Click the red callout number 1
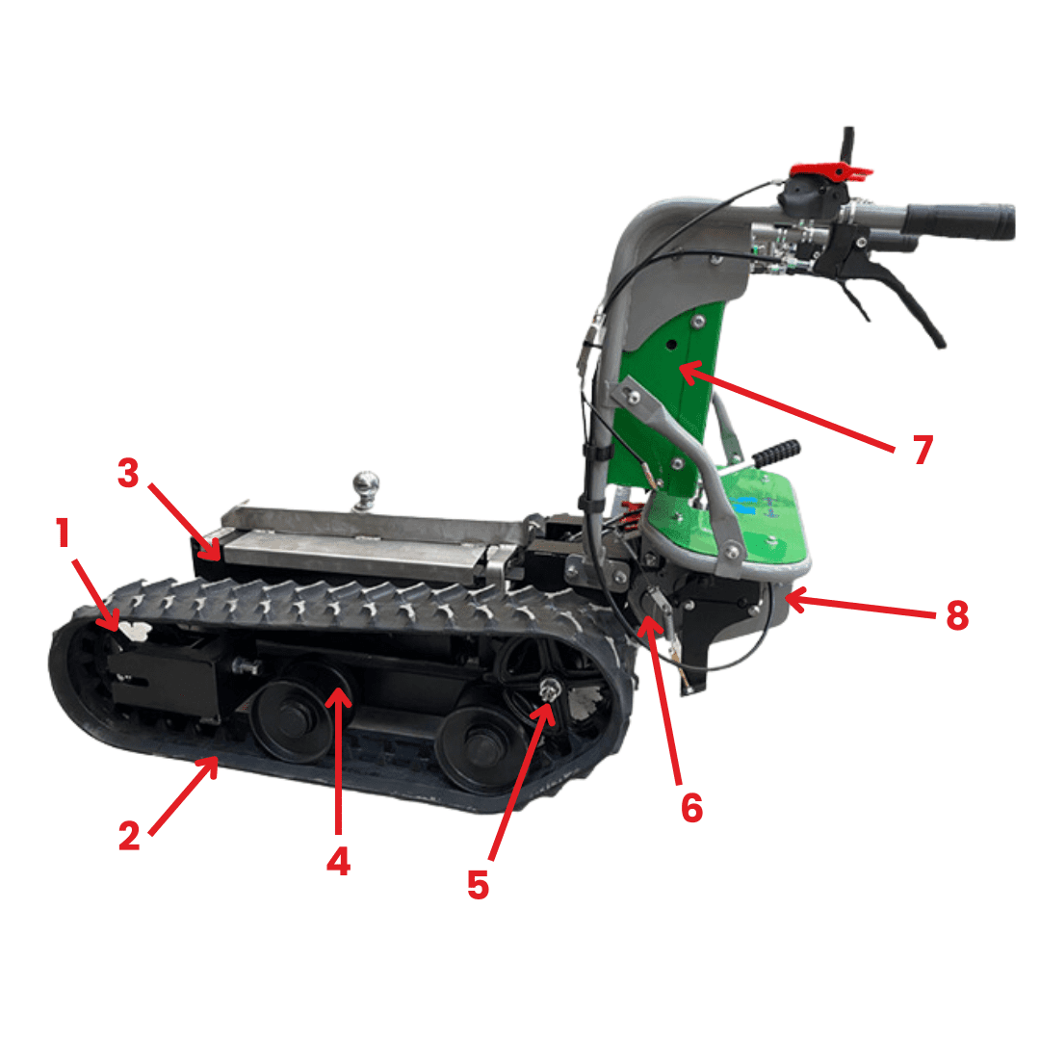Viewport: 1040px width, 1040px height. (63, 533)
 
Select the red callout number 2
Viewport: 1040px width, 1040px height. (129, 835)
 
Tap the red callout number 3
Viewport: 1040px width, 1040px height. (128, 473)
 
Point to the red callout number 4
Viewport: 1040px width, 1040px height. (338, 862)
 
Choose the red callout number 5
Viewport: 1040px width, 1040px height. (479, 885)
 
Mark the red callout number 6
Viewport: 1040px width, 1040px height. (691, 808)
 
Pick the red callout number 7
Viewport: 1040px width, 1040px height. (923, 450)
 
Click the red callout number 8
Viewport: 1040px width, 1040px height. (957, 614)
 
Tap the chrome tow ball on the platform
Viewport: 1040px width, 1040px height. (366, 489)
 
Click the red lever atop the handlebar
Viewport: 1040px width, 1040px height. (832, 171)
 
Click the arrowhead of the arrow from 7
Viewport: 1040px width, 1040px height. (688, 370)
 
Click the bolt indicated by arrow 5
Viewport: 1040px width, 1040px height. (549, 690)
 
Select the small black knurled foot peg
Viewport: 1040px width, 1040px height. (777, 453)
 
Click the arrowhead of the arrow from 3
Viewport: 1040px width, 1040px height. (214, 551)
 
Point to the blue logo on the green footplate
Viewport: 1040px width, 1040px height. (744, 506)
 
